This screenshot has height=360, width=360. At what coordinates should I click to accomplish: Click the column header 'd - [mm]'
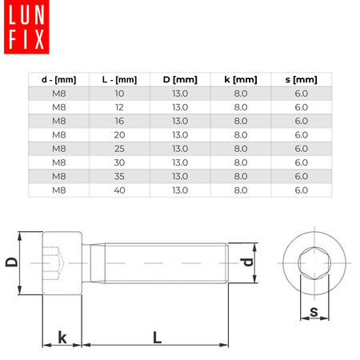point(58,79)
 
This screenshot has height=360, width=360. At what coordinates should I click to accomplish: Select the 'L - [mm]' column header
point(119,79)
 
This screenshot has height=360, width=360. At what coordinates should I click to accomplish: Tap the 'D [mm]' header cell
point(180,79)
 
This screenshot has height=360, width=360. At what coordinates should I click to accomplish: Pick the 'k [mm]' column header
point(240,79)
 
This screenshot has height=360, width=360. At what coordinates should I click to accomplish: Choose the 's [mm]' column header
point(301,79)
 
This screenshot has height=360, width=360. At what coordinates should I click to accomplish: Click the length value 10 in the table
point(119,93)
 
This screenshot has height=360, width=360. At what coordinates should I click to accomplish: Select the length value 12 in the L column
point(119,107)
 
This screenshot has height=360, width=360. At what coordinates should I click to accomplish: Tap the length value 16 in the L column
point(119,121)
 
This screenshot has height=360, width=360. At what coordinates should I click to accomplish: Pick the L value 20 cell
point(119,135)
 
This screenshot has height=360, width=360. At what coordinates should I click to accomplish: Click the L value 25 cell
point(119,149)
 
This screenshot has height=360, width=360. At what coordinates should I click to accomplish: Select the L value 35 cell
point(119,177)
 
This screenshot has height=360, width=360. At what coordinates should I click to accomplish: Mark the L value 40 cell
point(119,190)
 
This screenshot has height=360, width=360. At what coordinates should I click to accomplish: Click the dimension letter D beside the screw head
point(12,262)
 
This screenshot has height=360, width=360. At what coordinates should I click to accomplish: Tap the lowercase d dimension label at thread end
point(249,262)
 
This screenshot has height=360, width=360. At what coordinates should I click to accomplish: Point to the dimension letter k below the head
point(62,337)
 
